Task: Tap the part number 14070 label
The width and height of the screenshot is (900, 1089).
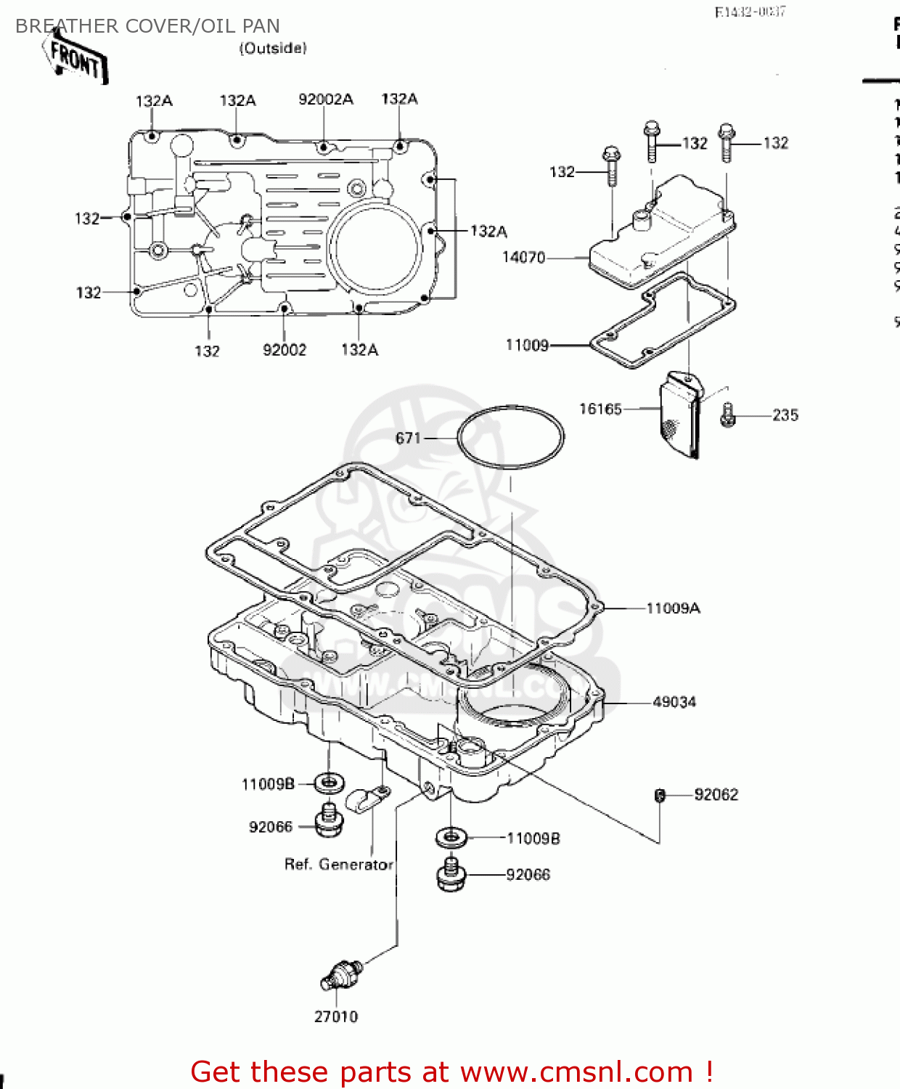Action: tap(523, 258)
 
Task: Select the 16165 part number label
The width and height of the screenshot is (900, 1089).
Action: tap(600, 409)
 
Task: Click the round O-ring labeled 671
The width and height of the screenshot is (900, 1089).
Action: tap(510, 437)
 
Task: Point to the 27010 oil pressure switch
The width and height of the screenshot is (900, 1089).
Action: tap(339, 975)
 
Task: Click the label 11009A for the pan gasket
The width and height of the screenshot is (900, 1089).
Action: tap(673, 608)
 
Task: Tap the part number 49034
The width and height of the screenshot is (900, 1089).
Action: tap(674, 702)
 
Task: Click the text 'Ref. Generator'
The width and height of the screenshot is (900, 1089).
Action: tap(338, 865)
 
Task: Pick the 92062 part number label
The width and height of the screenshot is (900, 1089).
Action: tap(716, 795)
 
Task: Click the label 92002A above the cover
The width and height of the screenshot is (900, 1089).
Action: tap(326, 99)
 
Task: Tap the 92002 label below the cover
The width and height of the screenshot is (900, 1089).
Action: tap(285, 350)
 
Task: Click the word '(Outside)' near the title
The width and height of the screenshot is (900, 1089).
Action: tap(273, 48)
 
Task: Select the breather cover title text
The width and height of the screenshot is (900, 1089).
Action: tap(147, 26)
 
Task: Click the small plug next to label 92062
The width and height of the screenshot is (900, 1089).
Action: tap(660, 796)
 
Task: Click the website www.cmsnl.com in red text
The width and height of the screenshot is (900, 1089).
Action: tap(576, 1072)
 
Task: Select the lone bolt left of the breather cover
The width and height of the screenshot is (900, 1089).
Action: tap(611, 166)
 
